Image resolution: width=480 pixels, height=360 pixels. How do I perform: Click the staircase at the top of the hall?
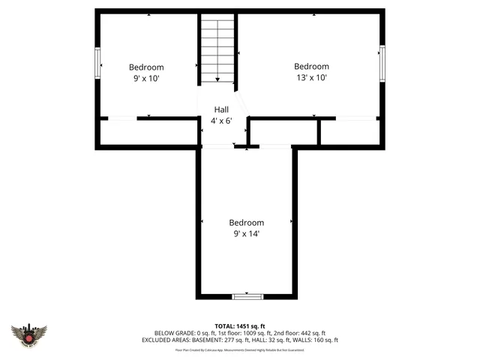coord(217,50)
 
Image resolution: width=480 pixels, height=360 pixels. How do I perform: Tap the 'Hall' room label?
coord(221,109)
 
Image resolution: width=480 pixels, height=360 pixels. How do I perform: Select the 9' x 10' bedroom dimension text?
coord(146,78)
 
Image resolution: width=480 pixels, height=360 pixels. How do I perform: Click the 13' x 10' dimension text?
coord(310,77)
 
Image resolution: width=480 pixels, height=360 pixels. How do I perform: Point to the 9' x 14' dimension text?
coord(246,233)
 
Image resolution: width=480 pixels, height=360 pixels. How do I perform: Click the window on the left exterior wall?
coord(97,63)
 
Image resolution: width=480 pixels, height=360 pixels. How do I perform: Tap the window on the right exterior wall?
coord(382,63)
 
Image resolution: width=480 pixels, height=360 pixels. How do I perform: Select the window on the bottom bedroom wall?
coord(247,296)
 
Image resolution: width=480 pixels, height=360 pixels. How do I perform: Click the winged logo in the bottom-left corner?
coord(29,334)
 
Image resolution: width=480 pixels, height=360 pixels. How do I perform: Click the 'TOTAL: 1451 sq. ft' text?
coord(240,326)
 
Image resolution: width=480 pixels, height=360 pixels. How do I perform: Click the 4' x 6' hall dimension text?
coord(221,120)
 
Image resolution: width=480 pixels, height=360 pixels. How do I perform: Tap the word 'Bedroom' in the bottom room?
coord(246,223)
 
